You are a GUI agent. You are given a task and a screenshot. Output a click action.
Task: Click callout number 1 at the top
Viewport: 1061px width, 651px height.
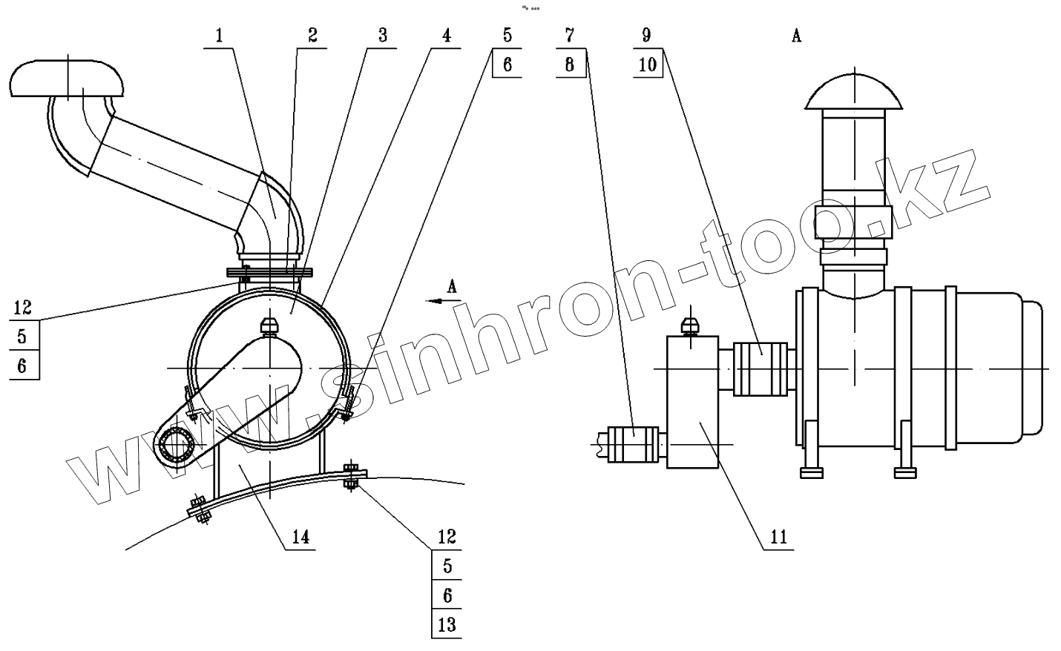(220, 36)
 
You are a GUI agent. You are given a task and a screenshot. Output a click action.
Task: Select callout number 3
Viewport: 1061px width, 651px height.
(381, 36)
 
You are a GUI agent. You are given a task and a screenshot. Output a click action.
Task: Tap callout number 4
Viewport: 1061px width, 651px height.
(446, 36)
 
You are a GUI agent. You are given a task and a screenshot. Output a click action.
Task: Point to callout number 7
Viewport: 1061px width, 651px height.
(569, 36)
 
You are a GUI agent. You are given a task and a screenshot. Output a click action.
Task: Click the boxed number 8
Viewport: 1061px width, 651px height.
(569, 64)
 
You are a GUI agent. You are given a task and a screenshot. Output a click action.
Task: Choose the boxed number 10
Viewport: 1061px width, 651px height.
(647, 64)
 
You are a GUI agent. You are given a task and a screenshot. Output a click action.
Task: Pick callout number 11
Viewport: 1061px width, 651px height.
(778, 537)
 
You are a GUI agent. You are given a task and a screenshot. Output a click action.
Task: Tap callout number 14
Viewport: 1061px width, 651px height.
(300, 537)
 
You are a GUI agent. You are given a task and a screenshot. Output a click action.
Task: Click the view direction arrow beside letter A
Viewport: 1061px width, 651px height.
(443, 300)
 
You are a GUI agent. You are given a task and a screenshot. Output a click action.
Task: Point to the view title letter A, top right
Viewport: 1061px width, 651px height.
(796, 36)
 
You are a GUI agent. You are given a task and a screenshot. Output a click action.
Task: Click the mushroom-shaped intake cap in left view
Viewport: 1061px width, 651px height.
(67, 78)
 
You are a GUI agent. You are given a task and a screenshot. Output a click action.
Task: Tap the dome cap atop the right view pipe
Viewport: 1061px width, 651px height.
(855, 92)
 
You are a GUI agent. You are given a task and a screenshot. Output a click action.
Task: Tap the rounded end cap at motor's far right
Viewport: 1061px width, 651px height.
(1034, 369)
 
